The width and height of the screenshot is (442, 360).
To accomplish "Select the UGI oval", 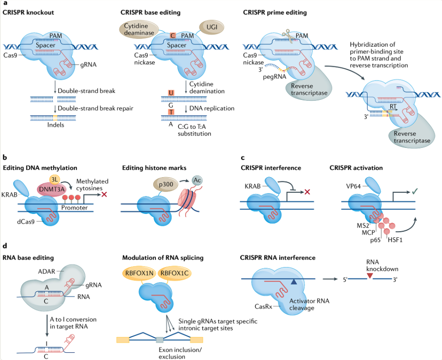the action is [x=212, y=27].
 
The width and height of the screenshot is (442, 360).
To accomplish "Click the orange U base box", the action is [x=171, y=93].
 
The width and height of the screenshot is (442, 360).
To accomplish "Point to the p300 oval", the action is [x=166, y=185].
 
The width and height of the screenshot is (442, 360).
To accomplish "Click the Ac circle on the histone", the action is [x=197, y=180].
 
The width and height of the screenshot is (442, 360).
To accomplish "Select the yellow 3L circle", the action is [x=54, y=180].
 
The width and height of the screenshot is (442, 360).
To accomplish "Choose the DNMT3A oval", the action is [x=52, y=189].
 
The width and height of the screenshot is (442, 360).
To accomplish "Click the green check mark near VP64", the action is [x=414, y=191].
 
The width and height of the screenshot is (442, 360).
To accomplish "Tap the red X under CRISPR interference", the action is [x=307, y=192].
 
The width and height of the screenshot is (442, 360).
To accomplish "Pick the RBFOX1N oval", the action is [x=139, y=273].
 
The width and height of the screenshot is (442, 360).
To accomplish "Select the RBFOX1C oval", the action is [x=174, y=273].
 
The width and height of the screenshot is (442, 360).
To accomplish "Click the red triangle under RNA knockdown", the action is [x=370, y=276].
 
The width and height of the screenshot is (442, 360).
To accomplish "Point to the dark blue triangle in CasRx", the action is [x=293, y=281].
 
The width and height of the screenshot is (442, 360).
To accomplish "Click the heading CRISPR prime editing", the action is [x=275, y=12].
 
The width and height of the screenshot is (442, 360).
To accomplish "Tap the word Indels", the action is [x=55, y=125].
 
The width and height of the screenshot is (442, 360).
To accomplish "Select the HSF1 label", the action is [x=395, y=240].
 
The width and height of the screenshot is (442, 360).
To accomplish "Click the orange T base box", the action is [x=171, y=112].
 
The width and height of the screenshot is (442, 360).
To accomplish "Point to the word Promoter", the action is [x=74, y=207].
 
